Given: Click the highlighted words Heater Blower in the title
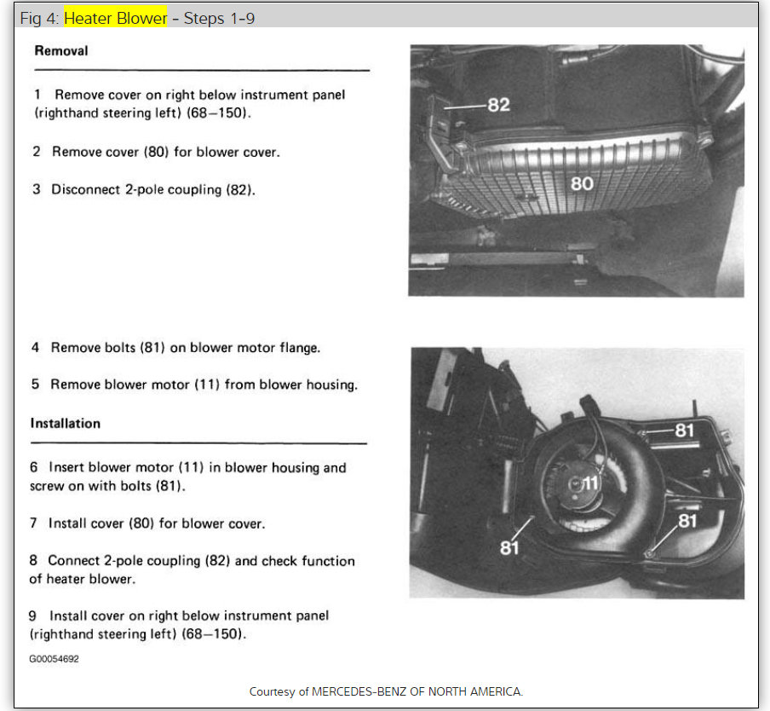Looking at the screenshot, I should point(115,18).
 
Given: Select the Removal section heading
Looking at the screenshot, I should point(60,51).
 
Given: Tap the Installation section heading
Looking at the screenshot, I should point(66,424).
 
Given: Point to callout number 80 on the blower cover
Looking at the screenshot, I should point(582,183).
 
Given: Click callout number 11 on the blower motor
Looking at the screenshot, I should point(590,483).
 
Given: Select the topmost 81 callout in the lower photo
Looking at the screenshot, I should point(685,431).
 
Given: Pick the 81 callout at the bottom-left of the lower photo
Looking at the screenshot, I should point(509,547).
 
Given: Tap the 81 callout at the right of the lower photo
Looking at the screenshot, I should point(687,520).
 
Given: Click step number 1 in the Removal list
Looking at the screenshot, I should point(37,95).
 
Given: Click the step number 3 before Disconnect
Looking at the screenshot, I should point(37,189).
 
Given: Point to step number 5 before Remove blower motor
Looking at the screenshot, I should point(36,384).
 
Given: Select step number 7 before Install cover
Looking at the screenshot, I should point(34,523).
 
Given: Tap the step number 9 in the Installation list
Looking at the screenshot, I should point(34,616).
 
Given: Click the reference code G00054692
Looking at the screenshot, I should point(55,659).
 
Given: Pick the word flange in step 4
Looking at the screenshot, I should point(301,348).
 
